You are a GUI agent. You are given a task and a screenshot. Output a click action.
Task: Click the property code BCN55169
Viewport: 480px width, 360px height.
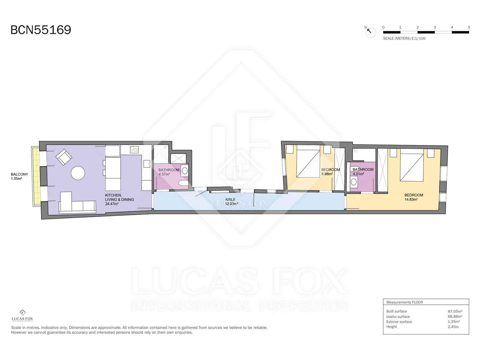(41, 30)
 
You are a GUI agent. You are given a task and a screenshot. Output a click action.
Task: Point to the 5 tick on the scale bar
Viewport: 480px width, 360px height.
(469, 27)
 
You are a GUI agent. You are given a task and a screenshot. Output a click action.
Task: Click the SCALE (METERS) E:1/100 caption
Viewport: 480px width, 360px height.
(404, 38)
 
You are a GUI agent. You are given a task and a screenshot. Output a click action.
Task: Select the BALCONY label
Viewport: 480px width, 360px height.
(19, 174)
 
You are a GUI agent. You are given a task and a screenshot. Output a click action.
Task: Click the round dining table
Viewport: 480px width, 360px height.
(78, 173)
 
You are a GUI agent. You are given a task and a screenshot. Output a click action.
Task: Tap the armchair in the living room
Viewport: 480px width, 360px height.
(64, 157)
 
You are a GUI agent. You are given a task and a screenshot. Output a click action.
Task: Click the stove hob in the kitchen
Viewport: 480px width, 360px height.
(134, 149)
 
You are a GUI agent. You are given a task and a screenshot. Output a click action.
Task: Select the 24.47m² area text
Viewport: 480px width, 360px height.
(112, 204)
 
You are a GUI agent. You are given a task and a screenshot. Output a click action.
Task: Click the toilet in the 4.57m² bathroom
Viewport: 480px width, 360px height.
(183, 183)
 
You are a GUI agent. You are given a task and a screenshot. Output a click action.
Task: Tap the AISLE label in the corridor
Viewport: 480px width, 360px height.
(230, 199)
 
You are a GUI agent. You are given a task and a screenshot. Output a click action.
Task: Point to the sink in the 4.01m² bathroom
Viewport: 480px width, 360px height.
(354, 181)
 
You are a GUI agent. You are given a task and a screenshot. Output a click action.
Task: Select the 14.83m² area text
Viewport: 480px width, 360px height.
(411, 199)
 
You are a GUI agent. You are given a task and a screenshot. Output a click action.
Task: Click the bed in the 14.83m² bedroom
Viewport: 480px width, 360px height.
(412, 166)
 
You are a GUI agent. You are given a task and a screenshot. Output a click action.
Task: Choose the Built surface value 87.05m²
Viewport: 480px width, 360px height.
(455, 311)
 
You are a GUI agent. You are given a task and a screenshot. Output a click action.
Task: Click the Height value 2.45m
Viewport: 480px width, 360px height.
(453, 327)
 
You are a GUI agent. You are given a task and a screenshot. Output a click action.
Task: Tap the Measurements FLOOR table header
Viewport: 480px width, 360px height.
(404, 302)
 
